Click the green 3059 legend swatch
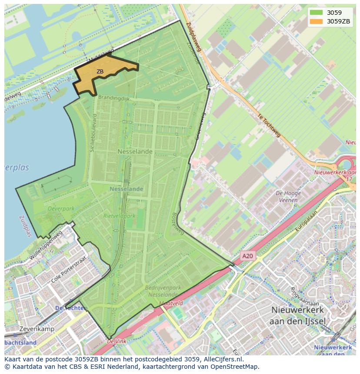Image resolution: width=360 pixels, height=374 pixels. click(x=316, y=13)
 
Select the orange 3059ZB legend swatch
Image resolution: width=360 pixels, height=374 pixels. click(x=316, y=21)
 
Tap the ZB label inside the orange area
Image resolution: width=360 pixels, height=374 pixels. click(x=100, y=72)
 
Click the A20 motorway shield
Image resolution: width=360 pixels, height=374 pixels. click(x=247, y=256)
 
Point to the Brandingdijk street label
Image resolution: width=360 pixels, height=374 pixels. click(x=114, y=98)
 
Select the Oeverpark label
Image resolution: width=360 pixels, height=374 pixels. click(x=60, y=209)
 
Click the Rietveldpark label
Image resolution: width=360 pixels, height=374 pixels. click(x=119, y=215)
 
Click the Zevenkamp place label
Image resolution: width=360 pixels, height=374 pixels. click(x=37, y=329)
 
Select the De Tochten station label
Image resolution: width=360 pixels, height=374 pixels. click(x=71, y=308)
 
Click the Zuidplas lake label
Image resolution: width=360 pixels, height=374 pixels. click(x=25, y=226)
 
